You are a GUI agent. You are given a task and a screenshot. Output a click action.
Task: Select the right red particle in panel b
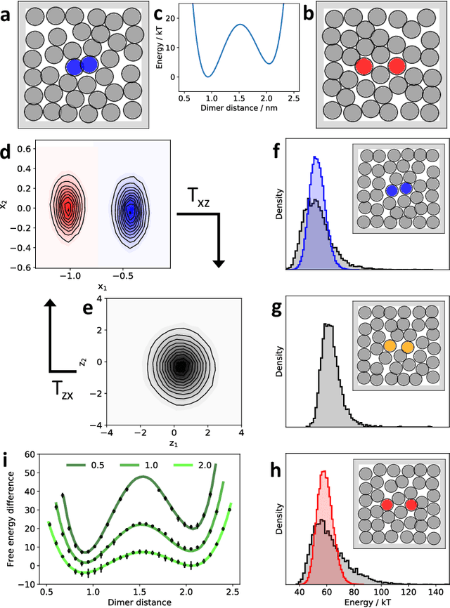397,66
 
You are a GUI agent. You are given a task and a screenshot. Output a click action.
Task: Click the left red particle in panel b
364,66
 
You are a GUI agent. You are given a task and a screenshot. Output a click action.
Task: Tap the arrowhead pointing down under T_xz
218,263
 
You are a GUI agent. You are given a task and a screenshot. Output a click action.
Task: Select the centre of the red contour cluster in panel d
67,209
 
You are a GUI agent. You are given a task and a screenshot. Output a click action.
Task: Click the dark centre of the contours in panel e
181,365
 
